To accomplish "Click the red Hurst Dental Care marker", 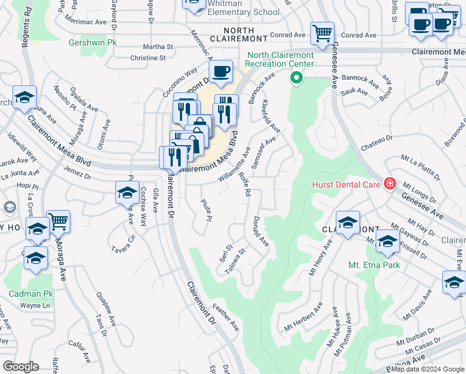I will (389, 183).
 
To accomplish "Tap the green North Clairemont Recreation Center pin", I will (297, 78).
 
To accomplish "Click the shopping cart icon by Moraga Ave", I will (58, 221).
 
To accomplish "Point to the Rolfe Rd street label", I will (244, 185).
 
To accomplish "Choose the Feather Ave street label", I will (226, 317).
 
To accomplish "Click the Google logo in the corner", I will (20, 366).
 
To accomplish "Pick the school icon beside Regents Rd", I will (24, 97).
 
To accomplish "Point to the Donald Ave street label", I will (260, 231).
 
